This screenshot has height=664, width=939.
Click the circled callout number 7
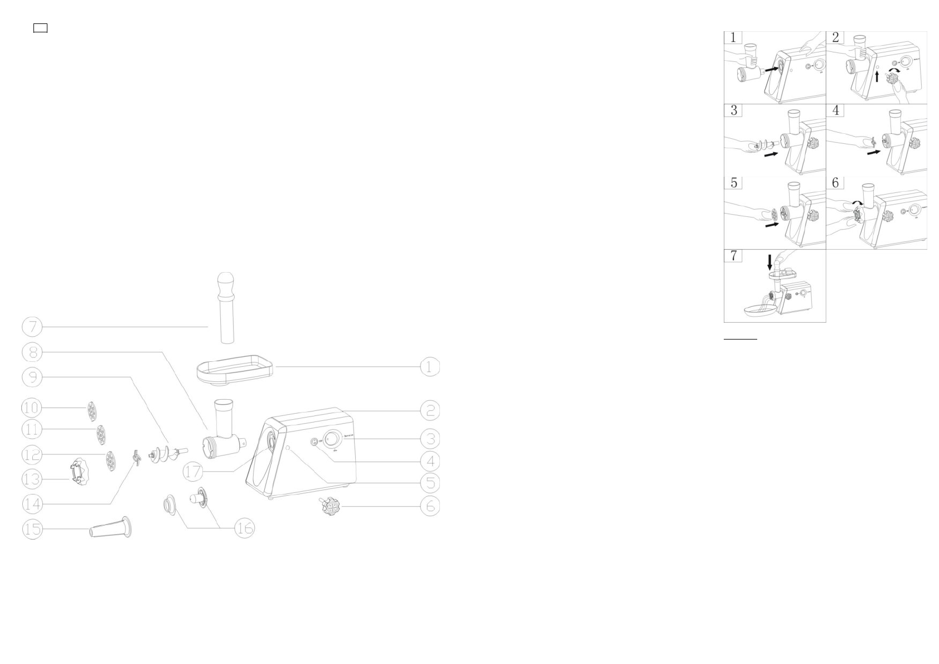32,327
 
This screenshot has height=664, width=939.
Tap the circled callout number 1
429,367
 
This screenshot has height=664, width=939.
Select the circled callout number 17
193,472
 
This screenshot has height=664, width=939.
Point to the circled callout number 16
245,527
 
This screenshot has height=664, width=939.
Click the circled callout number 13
32,479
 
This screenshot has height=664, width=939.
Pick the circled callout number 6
429,506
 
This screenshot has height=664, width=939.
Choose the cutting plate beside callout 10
90,410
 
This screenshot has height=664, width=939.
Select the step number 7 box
733,255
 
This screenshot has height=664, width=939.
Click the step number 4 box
835,110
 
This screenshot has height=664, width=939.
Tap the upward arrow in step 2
877,75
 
